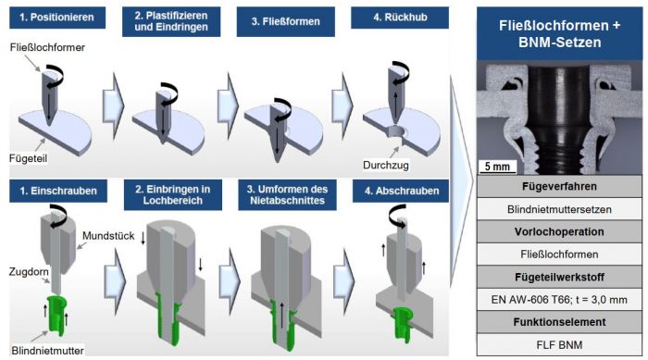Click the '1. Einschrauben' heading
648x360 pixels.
[x=58, y=192]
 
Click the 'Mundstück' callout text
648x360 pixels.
[x=106, y=238]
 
